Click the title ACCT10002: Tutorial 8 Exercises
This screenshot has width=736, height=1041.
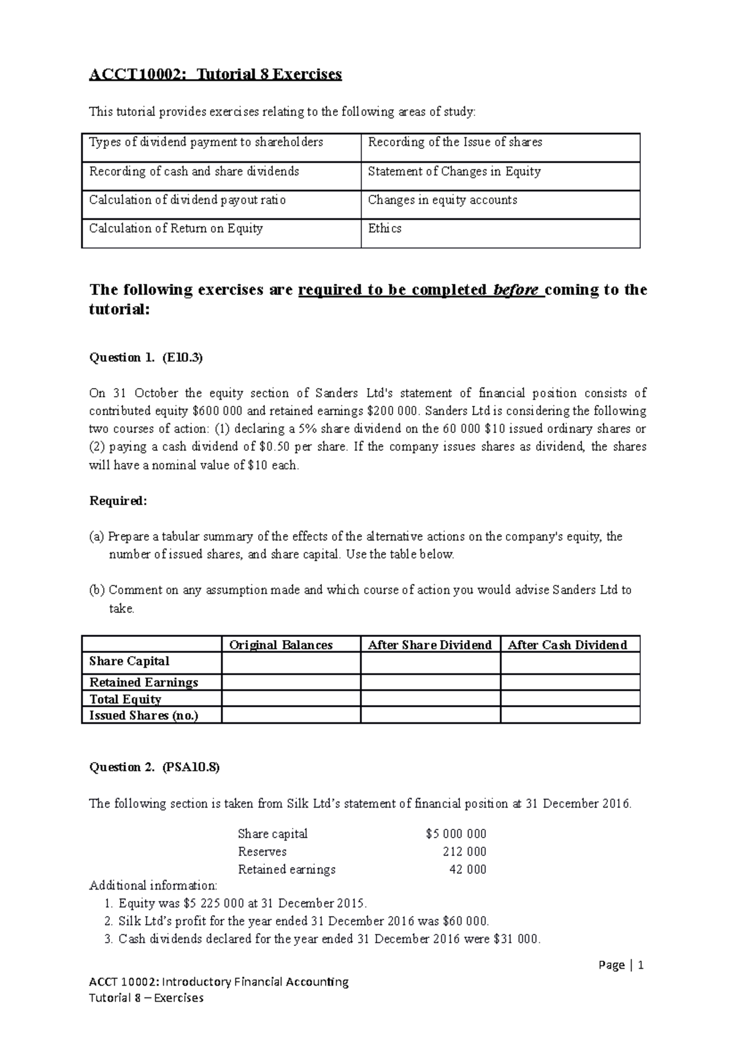(215, 75)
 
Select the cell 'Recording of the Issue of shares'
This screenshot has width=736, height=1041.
(454, 142)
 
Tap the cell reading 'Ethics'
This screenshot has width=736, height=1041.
(385, 229)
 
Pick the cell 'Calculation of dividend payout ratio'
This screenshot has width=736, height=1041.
(187, 200)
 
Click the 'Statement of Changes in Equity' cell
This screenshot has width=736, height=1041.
(454, 172)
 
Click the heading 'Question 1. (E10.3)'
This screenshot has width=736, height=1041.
(146, 357)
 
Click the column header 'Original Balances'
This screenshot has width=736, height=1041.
(281, 645)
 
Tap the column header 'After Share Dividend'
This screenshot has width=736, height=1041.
(429, 645)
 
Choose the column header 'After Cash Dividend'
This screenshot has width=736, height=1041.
(567, 645)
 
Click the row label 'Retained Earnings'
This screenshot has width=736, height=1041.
(144, 682)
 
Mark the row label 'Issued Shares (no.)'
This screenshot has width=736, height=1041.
(144, 715)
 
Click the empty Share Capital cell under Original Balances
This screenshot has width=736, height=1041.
(291, 663)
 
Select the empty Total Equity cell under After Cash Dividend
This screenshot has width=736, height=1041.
(570, 699)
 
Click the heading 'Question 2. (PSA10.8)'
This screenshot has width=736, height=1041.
(154, 767)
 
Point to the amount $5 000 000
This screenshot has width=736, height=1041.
(456, 834)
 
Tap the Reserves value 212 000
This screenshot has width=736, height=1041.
(464, 852)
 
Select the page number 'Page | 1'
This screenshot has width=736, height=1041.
(621, 966)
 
